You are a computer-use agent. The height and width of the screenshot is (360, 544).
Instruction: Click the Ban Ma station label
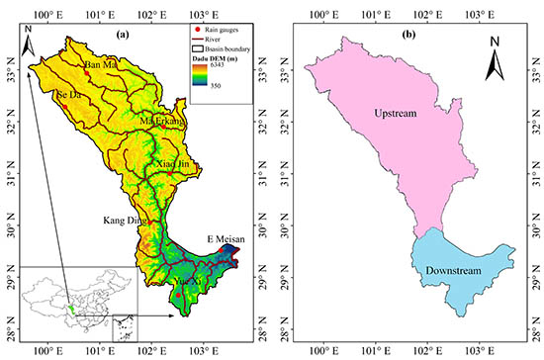coord(101,65)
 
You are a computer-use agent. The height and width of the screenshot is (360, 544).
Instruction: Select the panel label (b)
coord(408,37)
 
